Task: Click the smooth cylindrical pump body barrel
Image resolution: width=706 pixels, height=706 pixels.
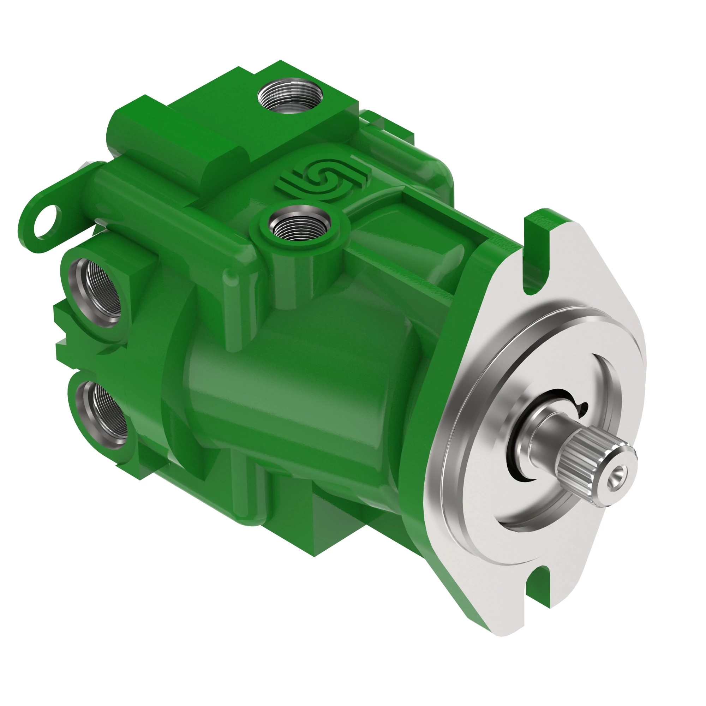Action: click(292, 395)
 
